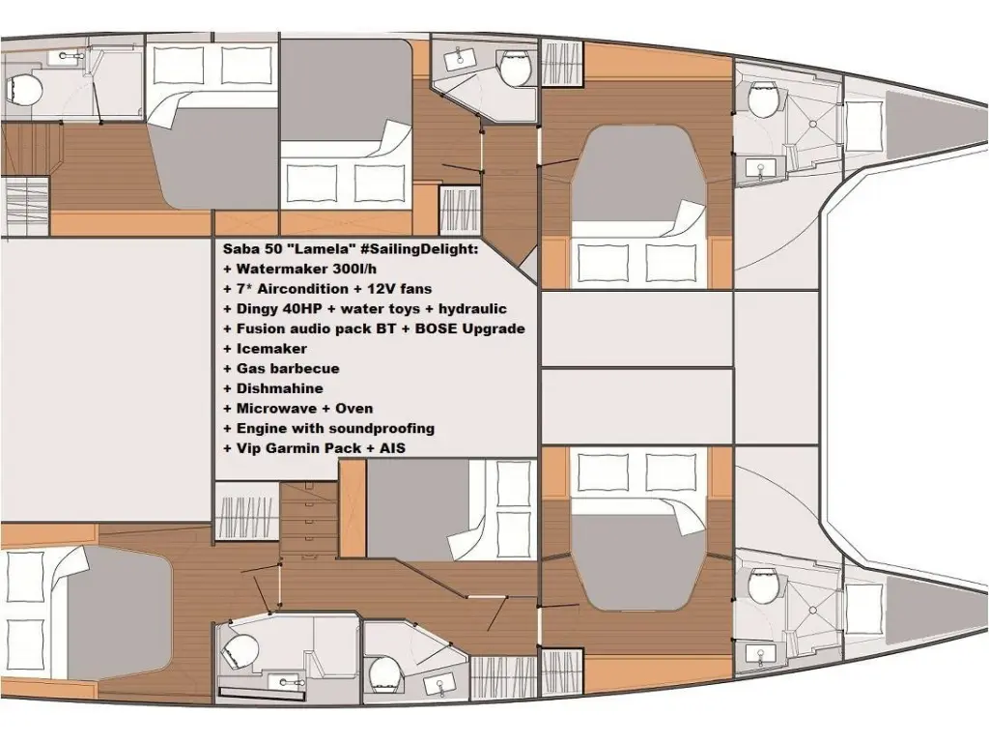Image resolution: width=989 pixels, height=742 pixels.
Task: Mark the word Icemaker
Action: click(271, 349)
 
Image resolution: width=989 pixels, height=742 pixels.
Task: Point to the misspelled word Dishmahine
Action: click(279, 388)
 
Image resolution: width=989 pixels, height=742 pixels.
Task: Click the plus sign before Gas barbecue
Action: click(228, 369)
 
